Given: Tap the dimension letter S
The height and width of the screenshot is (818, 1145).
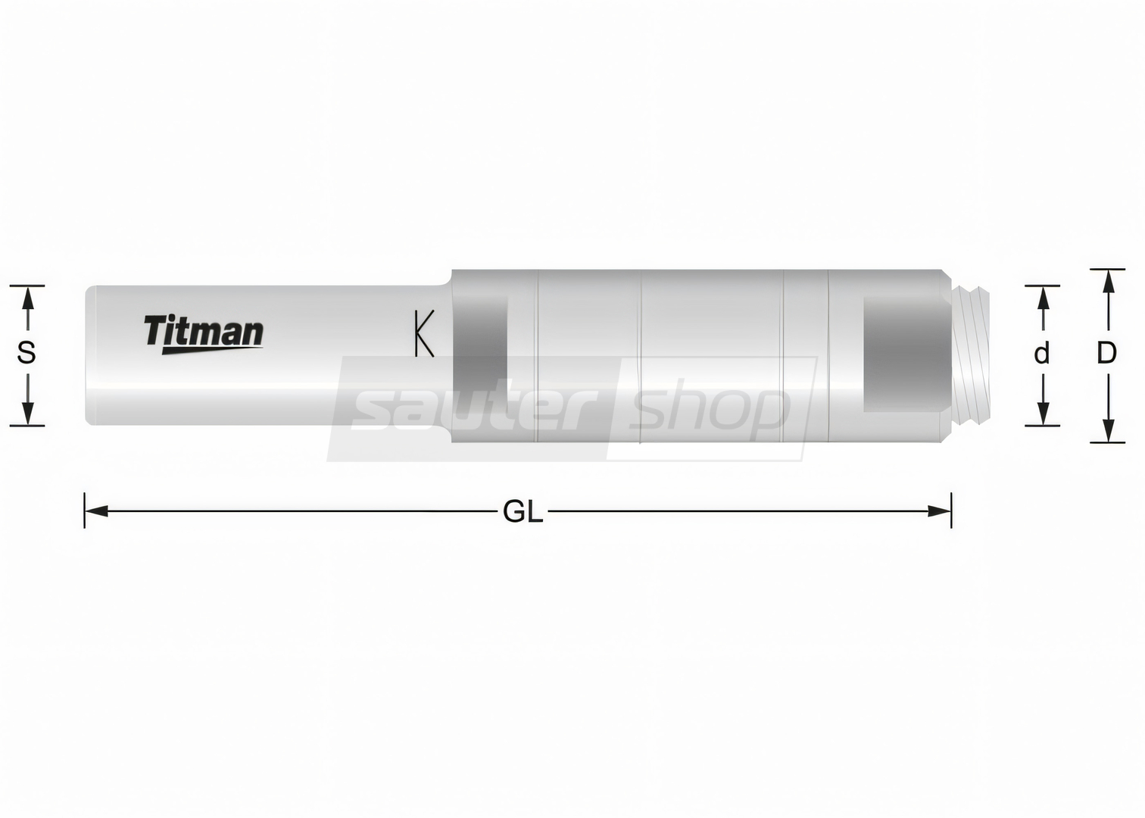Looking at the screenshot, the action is tap(27, 353).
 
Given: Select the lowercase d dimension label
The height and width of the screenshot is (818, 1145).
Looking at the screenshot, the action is tap(1041, 353).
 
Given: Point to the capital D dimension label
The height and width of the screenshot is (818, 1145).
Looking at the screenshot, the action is tap(1107, 353).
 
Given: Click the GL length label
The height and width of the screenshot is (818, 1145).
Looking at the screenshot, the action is tap(523, 511).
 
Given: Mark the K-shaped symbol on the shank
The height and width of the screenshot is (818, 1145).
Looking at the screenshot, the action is tap(425, 333).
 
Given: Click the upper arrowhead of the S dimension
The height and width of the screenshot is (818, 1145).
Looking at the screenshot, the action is tap(27, 298).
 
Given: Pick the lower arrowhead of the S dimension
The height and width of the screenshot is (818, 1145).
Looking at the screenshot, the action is tap(27, 414).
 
